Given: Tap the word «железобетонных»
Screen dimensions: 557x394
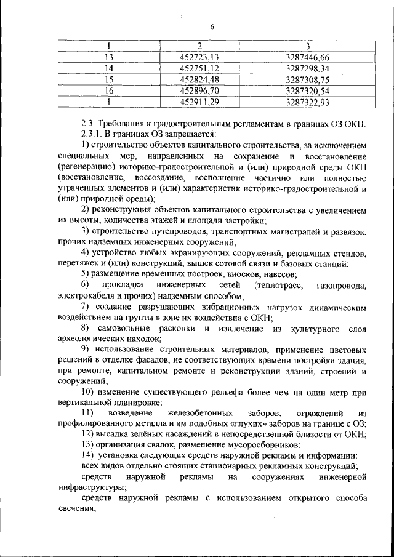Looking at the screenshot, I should pos(185,412).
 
